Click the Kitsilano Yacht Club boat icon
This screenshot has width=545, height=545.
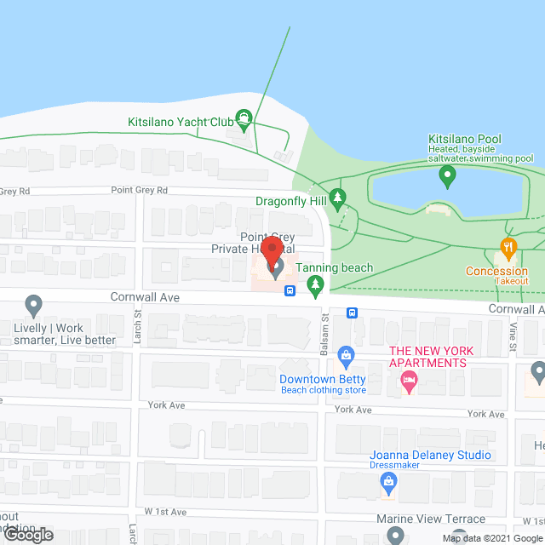click(x=244, y=121)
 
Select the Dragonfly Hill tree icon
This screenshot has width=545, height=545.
click(x=338, y=199)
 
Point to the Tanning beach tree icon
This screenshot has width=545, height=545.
click(x=316, y=284)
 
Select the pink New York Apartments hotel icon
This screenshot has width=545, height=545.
click(x=409, y=381)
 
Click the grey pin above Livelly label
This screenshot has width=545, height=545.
click(x=34, y=304)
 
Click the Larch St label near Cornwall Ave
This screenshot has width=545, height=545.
click(x=136, y=321)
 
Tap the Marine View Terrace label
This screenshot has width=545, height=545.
click(x=430, y=519)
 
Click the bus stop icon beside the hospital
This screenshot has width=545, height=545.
click(x=290, y=290)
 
